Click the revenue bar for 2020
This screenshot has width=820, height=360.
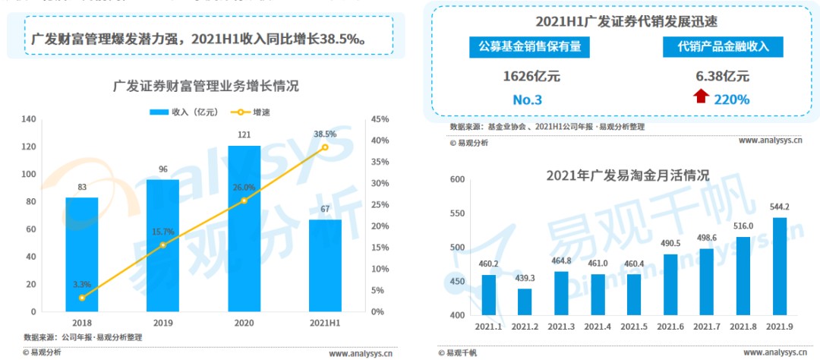(x=244, y=229)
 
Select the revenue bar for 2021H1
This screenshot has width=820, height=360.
(x=325, y=266)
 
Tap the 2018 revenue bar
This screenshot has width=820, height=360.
(x=81, y=254)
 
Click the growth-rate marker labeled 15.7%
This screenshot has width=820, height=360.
(x=162, y=245)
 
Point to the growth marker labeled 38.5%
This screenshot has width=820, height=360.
(x=325, y=147)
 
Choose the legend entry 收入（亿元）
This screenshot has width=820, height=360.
(x=184, y=112)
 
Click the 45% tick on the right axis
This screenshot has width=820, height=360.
(x=380, y=119)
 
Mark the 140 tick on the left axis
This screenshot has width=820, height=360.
(x=30, y=119)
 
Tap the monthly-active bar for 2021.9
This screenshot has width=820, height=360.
(x=780, y=267)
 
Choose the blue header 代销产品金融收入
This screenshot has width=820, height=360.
(x=722, y=46)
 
